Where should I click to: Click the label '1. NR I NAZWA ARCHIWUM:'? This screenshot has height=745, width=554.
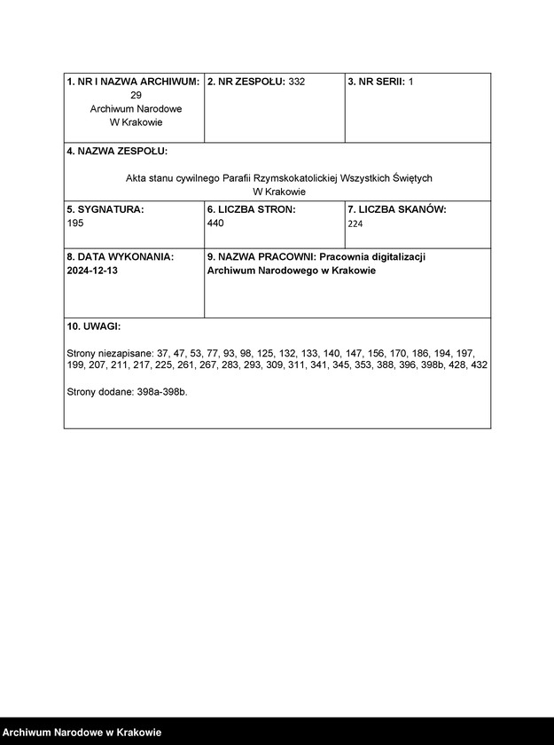(x=133, y=82)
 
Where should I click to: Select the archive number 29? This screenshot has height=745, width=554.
(x=136, y=95)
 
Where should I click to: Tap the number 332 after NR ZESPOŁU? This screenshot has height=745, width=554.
(x=297, y=82)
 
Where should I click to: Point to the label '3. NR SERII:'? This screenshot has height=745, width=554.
(x=376, y=82)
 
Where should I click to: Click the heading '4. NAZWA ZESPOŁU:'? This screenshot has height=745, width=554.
(x=117, y=152)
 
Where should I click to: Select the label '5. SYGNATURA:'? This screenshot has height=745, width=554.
(x=105, y=209)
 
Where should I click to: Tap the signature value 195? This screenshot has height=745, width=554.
(x=75, y=223)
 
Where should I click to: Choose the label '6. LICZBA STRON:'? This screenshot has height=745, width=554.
(x=251, y=209)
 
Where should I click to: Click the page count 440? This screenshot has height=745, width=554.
(x=215, y=223)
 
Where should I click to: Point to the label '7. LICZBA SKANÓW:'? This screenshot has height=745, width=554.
(x=396, y=209)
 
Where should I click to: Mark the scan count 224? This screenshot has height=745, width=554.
(x=355, y=224)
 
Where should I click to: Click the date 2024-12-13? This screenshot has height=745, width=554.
(x=92, y=271)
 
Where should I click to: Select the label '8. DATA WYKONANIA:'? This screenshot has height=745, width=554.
(x=120, y=256)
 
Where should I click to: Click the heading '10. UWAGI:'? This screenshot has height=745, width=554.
(x=94, y=326)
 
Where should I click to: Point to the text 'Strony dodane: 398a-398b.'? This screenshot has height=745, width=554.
(x=127, y=391)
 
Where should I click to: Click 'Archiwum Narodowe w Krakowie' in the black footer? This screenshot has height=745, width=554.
(x=82, y=733)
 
